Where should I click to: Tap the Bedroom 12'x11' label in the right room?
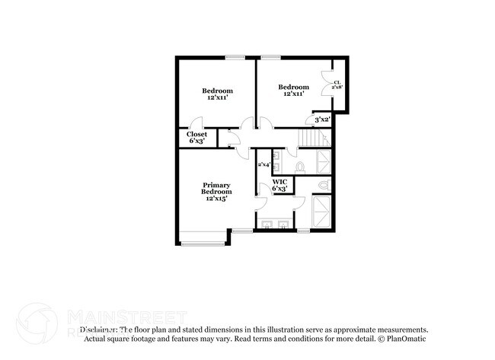click(x=294, y=90)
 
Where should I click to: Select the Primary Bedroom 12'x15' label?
click(x=216, y=191)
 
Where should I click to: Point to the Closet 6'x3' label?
click(x=196, y=137)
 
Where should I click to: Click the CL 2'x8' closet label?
click(x=337, y=84)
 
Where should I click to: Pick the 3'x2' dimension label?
click(x=322, y=119)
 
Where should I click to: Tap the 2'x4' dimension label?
click(x=263, y=164)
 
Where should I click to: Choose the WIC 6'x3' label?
click(x=279, y=185)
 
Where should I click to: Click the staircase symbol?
click(x=311, y=137)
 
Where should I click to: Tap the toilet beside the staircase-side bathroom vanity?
click(x=300, y=166)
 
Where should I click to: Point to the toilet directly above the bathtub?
click(x=324, y=185)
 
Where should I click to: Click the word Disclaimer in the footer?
click(x=97, y=330)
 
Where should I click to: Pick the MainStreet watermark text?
click(x=126, y=316)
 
